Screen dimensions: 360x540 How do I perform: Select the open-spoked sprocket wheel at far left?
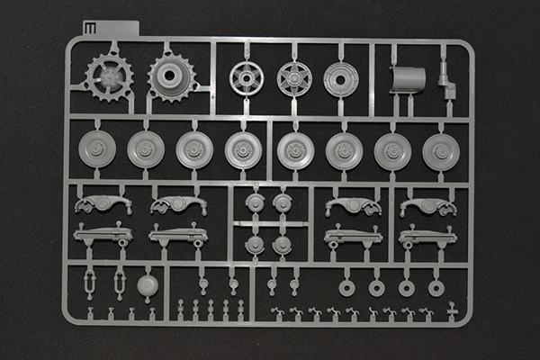pyautogui.click(x=109, y=76)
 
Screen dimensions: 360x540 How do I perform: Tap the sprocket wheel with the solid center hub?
pyautogui.click(x=171, y=76)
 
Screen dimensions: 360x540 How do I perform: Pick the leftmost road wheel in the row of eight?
pyautogui.click(x=97, y=148)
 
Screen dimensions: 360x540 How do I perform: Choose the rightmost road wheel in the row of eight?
pyautogui.click(x=441, y=151)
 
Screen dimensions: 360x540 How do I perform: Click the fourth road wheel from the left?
pyautogui.click(x=243, y=149)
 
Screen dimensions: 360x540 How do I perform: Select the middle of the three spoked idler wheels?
pyautogui.click(x=293, y=79)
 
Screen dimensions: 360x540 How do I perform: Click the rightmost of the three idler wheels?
pyautogui.click(x=341, y=79)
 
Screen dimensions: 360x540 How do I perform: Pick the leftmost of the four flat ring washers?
pyautogui.click(x=346, y=287)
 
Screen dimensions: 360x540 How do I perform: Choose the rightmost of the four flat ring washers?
pyautogui.click(x=436, y=288)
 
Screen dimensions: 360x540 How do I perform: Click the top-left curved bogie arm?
pyautogui.click(x=103, y=204)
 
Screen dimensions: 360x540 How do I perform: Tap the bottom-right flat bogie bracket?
pyautogui.click(x=427, y=238)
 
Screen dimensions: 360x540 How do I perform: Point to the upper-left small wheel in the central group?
pyautogui.click(x=256, y=203)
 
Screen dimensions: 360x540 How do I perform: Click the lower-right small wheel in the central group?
pyautogui.click(x=282, y=245)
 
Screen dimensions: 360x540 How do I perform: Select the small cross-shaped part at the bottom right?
pyautogui.click(x=452, y=314)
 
